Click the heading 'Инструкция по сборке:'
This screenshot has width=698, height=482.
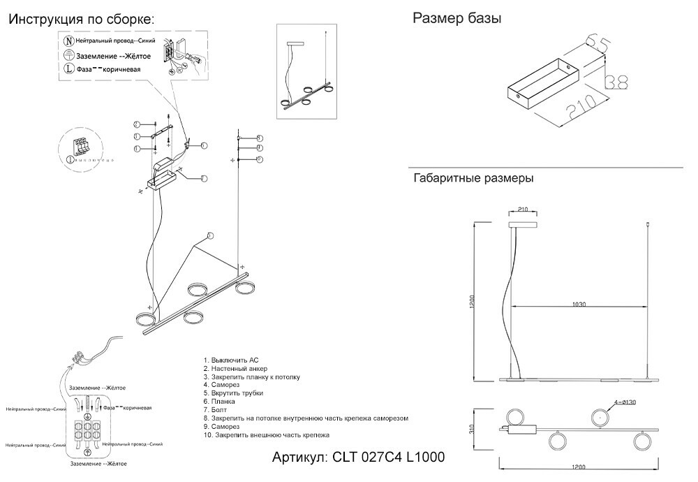[82, 20]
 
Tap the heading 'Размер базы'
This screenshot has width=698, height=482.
[456, 19]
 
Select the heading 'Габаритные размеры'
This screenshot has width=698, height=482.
[473, 178]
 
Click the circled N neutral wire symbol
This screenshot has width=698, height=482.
[69, 43]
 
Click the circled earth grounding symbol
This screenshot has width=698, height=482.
[69, 55]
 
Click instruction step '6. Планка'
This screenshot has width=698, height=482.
[220, 402]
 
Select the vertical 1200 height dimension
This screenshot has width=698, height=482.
[473, 302]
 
